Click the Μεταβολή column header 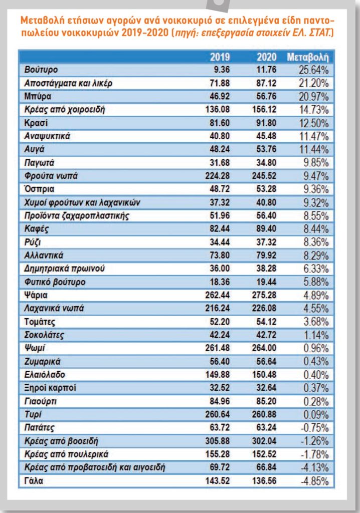click(307, 57)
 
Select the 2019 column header click(220, 57)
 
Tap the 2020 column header click(266, 57)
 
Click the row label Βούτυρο click(41, 70)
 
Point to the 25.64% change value click(313, 70)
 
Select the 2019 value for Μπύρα click(220, 96)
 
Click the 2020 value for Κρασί click(266, 123)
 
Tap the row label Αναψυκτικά click(47, 136)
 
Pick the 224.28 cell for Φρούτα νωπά click(218, 176)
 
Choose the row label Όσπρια click(39, 189)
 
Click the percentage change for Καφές click(316, 229)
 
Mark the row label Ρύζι click(33, 242)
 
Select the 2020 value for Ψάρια click(264, 295)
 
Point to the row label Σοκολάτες click(44, 335)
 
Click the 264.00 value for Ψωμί click(264, 348)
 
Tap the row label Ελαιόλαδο click(45, 375)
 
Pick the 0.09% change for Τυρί click(316, 414)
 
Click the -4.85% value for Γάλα click(314, 481)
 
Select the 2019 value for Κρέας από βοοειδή click(218, 441)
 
